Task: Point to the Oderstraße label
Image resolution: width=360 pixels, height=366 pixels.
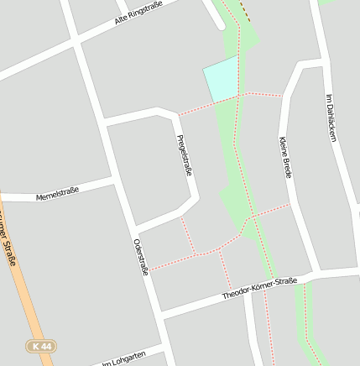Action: (140, 257)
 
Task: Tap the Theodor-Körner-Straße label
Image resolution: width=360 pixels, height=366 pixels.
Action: (260, 289)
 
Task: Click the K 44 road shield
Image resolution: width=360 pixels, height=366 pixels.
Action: (39, 346)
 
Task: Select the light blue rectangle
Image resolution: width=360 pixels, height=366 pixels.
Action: (221, 81)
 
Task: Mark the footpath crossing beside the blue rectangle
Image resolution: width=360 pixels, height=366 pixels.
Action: (240, 95)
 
